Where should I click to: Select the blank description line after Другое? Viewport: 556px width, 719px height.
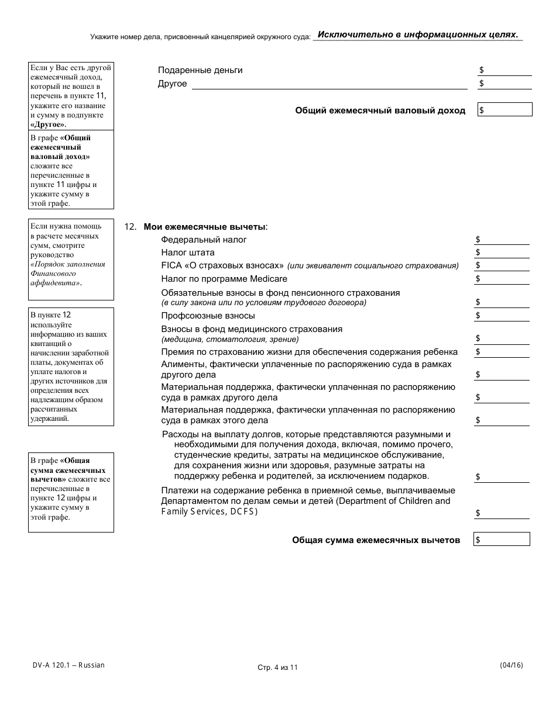(x=330, y=84)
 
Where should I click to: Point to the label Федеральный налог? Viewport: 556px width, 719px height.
(x=204, y=240)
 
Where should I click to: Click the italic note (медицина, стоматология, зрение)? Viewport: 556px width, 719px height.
(x=230, y=339)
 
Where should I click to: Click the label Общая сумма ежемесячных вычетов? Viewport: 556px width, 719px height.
(x=376, y=540)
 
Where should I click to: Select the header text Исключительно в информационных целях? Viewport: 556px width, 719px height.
(x=417, y=34)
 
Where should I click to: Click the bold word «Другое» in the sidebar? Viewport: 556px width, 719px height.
(x=48, y=125)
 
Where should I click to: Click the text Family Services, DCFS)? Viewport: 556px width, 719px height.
(x=209, y=511)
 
